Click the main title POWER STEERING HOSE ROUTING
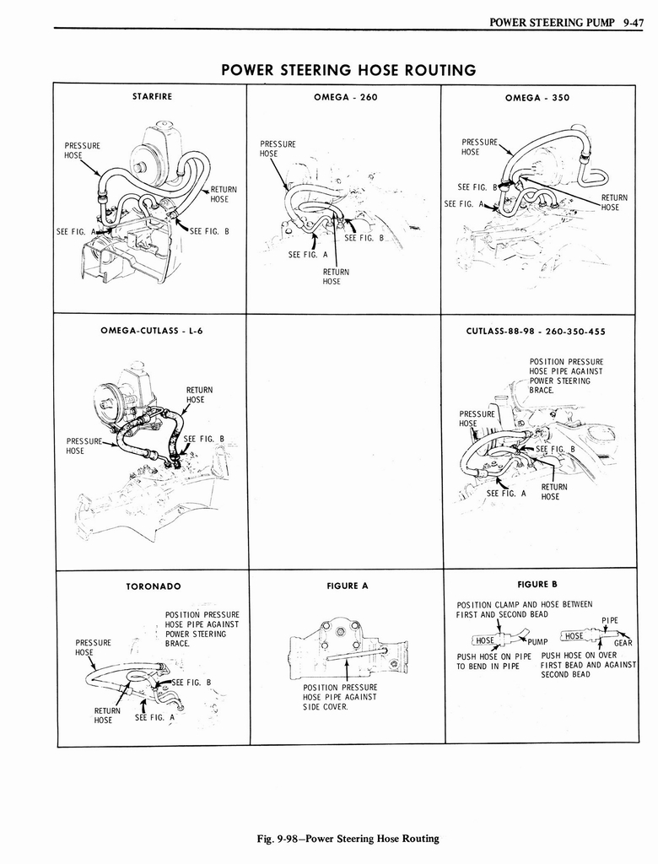[348, 69]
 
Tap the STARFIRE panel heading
[152, 97]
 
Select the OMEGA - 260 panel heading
[345, 97]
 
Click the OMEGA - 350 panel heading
[537, 98]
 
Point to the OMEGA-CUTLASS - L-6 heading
[152, 331]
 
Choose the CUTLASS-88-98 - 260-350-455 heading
[536, 332]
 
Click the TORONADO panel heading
[153, 586]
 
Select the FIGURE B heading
[537, 584]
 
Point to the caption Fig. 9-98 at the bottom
[348, 838]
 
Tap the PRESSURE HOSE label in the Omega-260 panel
[278, 148]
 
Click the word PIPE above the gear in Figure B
[609, 620]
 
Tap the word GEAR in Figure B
[623, 642]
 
